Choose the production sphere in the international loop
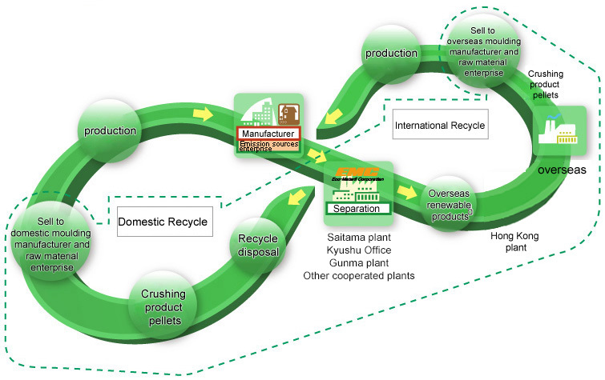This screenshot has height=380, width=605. coord(392,54)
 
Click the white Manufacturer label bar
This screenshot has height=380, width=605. coord(268,133)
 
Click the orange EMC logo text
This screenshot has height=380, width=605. coord(357,171)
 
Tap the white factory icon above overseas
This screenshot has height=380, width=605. coord(560,131)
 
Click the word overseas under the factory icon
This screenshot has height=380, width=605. coord(563,170)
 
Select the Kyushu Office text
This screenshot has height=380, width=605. coord(358,250)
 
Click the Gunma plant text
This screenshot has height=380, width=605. coord(358,263)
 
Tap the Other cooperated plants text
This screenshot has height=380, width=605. coord(358,276)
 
